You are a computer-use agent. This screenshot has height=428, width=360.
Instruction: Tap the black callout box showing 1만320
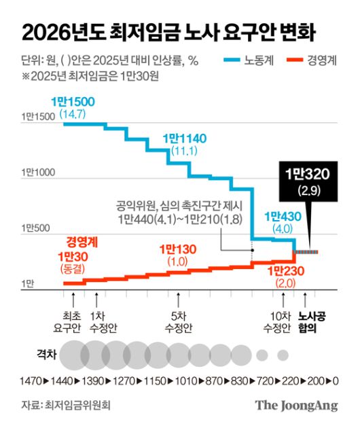click(308, 179)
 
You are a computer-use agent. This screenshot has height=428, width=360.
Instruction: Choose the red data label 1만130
click(177, 250)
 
